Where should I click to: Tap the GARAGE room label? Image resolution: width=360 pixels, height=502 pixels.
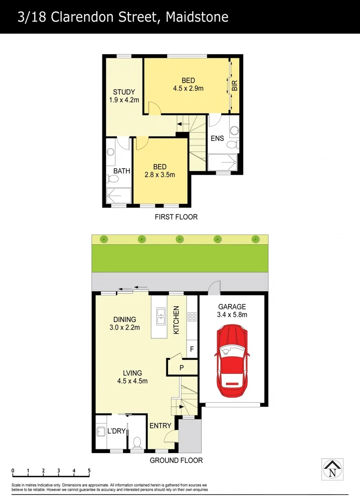pos(232,307)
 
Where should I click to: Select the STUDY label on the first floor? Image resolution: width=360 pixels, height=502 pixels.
pos(124,92)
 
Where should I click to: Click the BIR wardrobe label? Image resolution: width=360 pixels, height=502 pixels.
pos(235,85)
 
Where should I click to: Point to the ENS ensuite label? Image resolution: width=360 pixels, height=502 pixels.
pos(217,138)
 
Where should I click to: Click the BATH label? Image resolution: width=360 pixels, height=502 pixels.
pos(122,171)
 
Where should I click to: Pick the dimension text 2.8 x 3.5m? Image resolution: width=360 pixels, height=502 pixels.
pos(160,175)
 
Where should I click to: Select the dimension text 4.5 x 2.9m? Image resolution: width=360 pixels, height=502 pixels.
pos(188,88)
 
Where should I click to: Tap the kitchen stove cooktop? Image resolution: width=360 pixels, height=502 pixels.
pos(191,317)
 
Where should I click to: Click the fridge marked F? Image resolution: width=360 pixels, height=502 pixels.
pos(191,349)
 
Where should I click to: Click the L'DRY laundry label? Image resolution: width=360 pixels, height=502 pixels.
pos(117,431)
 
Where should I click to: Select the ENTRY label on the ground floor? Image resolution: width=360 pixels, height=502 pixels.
pos(160,426)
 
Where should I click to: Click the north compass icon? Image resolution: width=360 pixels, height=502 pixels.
pos(332,468)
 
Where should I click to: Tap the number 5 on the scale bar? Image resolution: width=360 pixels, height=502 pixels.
pos(89,470)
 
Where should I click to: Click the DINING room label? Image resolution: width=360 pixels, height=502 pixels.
pos(125,319)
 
